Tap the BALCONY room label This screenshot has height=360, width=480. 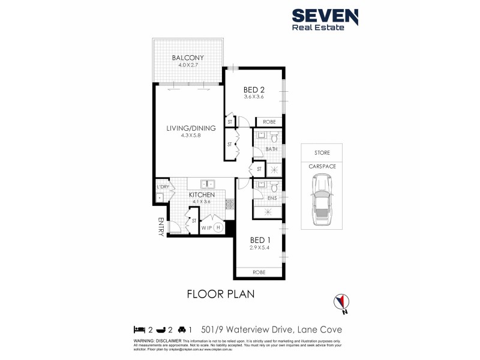coord(188,58)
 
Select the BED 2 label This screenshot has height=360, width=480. coord(254,89)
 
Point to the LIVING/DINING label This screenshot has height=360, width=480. coord(189,128)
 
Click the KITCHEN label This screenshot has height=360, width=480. coord(202,194)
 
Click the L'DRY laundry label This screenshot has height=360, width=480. coord(162,187)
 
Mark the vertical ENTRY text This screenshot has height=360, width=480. coord(160,227)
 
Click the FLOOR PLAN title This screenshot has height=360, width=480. coord(221,294)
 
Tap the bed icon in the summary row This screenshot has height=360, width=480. coord(139,329)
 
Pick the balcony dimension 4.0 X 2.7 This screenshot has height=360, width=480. coord(188,65)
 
